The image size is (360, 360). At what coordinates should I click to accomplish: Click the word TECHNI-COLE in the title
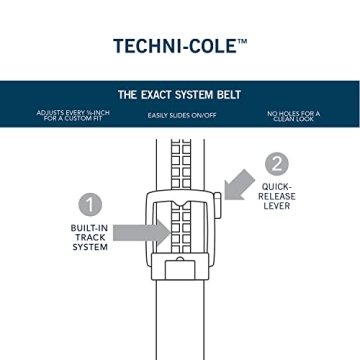(x=174, y=44)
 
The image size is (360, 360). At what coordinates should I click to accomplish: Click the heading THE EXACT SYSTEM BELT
(x=179, y=95)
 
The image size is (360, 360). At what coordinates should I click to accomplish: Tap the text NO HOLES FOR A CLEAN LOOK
(x=293, y=116)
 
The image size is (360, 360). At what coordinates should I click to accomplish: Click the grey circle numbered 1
(x=92, y=205)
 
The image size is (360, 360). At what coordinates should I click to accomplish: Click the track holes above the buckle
(x=180, y=160)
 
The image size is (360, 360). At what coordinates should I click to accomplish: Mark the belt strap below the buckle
(x=180, y=320)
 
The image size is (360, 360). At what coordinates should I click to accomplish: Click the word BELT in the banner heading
(x=226, y=95)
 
